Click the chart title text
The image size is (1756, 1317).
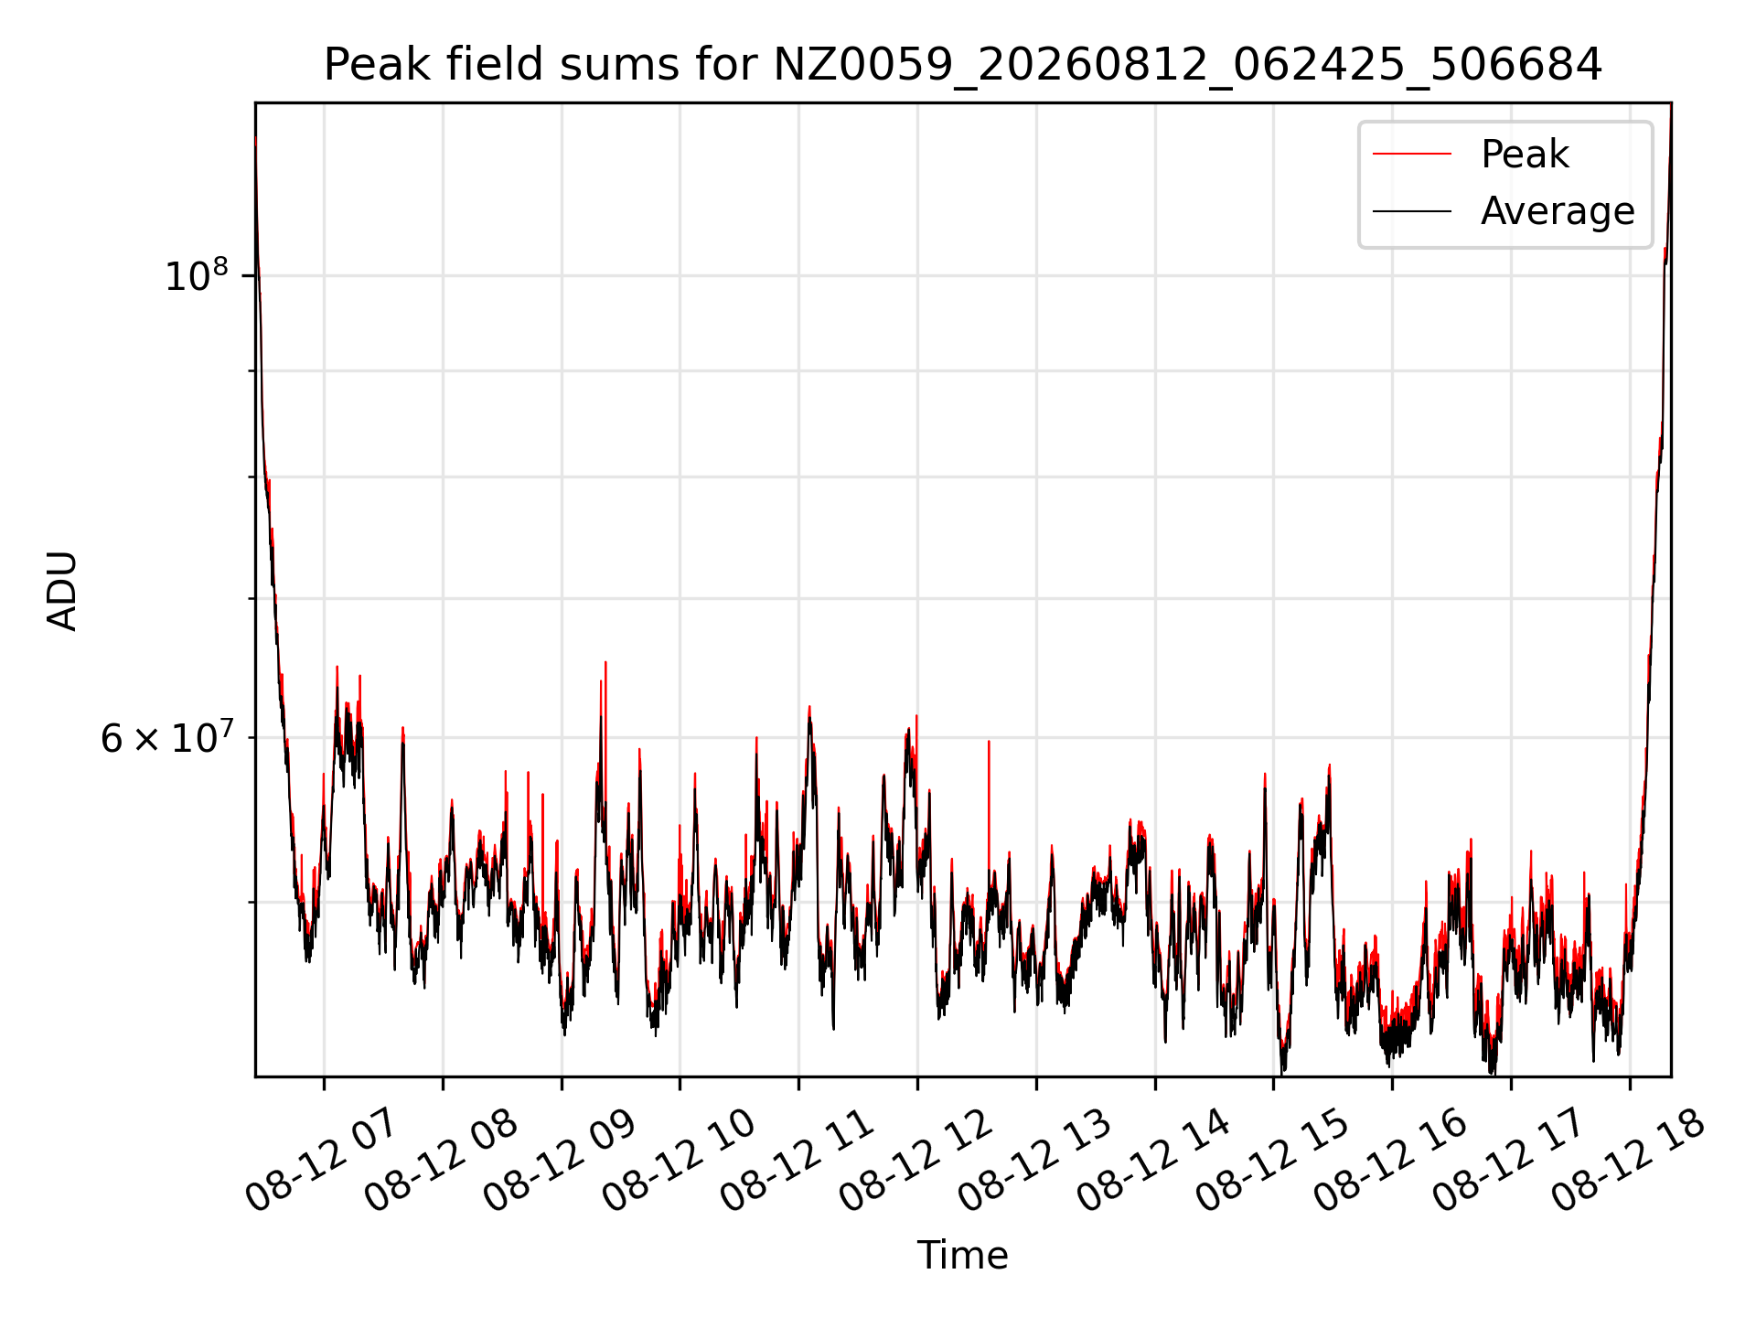pos(963,65)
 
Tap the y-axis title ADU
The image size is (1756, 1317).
pos(62,590)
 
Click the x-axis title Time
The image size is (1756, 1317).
pos(963,1256)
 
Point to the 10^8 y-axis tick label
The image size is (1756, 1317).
pos(197,274)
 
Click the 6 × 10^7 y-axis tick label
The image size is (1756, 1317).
pos(166,737)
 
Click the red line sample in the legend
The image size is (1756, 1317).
pos(1411,155)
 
